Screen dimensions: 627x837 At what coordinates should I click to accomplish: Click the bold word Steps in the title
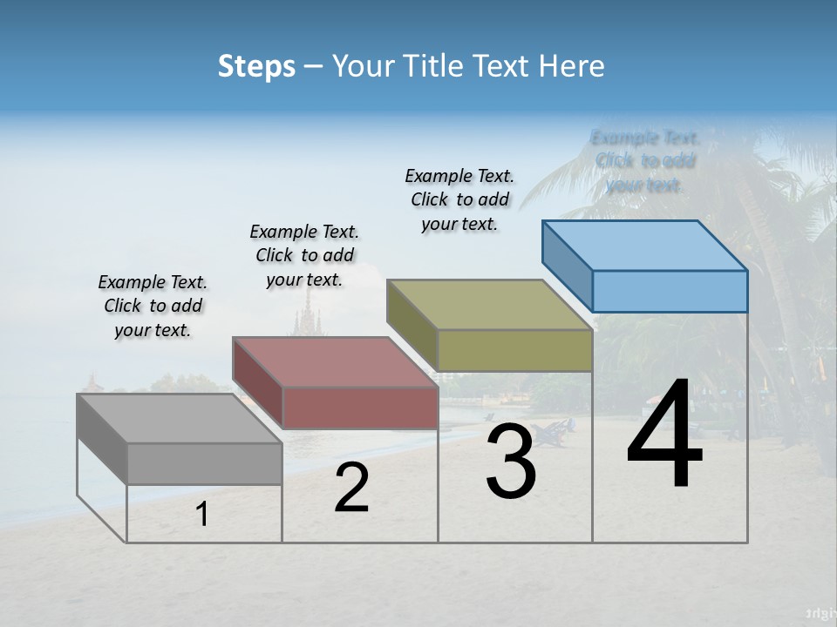pyautogui.click(x=256, y=66)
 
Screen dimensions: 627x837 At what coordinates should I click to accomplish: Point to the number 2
pyautogui.click(x=352, y=489)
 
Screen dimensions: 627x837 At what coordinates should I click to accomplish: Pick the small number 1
pyautogui.click(x=202, y=515)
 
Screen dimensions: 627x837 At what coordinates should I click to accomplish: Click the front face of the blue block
pyautogui.click(x=670, y=291)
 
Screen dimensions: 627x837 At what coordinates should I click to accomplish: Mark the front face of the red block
pyautogui.click(x=360, y=408)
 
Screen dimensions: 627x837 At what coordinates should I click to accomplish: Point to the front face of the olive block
pyautogui.click(x=514, y=350)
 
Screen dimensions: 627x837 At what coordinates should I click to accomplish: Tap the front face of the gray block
pyautogui.click(x=204, y=463)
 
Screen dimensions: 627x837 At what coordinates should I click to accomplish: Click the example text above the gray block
pyautogui.click(x=153, y=306)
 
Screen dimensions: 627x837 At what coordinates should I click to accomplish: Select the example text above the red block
pyautogui.click(x=304, y=255)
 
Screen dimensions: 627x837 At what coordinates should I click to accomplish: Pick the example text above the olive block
pyautogui.click(x=459, y=199)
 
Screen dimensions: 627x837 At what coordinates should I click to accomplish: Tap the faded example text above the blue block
pyautogui.click(x=645, y=161)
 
